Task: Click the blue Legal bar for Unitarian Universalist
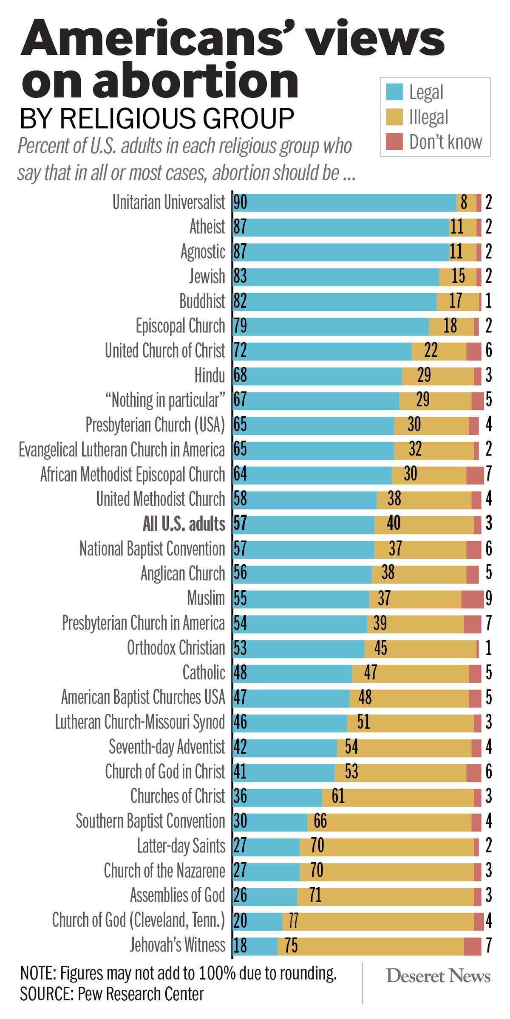344,203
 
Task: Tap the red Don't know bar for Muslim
472,599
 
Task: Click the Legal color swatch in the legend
394,92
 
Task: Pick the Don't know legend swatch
394,142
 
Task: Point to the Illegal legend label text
428,117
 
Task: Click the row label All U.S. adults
184,524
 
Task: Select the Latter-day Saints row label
181,846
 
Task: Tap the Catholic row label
204,673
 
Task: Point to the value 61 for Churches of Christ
338,796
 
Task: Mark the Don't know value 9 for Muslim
489,598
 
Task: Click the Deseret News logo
438,976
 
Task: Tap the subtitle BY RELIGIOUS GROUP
157,118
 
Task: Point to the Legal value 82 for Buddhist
240,301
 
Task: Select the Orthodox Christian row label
176,648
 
